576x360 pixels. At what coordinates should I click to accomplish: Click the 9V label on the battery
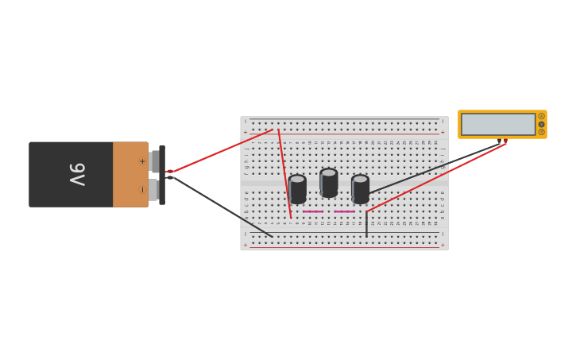click(76, 174)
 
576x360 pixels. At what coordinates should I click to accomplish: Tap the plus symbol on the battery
click(142, 161)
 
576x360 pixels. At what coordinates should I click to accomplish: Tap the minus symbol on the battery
click(142, 189)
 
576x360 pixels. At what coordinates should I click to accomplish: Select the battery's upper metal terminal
click(154, 161)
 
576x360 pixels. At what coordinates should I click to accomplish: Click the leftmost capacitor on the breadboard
click(297, 188)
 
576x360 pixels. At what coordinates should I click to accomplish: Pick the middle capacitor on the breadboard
click(329, 182)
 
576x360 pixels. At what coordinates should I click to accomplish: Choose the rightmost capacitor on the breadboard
click(360, 188)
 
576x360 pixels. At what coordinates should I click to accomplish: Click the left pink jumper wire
click(313, 211)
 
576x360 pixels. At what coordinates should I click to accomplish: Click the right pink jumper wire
click(344, 211)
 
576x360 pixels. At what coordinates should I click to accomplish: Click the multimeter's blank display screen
click(498, 124)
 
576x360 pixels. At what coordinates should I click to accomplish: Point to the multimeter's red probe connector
click(505, 141)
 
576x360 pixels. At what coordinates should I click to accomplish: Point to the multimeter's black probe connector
click(499, 141)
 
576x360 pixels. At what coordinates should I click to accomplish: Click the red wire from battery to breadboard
click(222, 150)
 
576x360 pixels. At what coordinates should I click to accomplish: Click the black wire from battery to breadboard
click(222, 207)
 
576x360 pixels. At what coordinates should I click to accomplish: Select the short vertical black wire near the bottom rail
click(366, 225)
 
